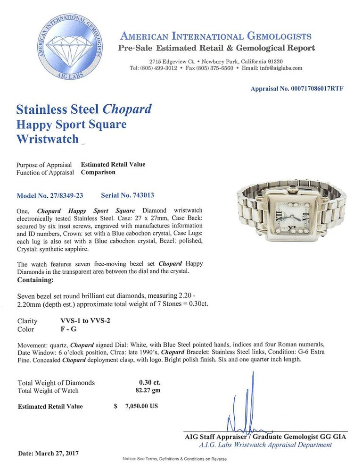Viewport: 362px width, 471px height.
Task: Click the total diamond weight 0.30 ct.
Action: pyautogui.click(x=149, y=382)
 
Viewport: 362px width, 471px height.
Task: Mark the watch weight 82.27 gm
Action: pyautogui.click(x=148, y=390)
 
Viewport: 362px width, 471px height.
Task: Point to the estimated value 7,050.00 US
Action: pyautogui.click(x=141, y=406)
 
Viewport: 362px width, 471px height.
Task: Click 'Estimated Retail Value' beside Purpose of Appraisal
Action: pyautogui.click(x=113, y=165)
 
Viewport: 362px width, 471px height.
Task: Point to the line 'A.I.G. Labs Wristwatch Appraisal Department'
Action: pyautogui.click(x=266, y=445)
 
